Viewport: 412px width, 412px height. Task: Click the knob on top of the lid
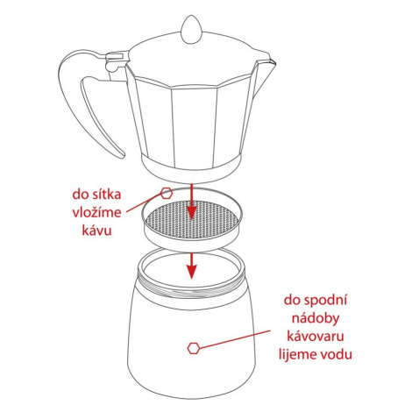point(191,31)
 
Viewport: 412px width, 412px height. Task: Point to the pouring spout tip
point(273,61)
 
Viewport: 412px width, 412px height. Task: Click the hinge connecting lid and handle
point(117,60)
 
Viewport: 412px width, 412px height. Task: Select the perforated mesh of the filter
point(192,219)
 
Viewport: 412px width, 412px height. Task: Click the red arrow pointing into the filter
point(191,202)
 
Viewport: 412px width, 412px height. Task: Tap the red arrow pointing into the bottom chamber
point(191,266)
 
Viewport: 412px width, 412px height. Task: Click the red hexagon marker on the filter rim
point(167,194)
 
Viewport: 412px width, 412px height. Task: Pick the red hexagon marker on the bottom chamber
point(194,348)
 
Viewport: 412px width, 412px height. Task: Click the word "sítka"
point(107,195)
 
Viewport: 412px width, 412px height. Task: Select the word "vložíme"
point(96,212)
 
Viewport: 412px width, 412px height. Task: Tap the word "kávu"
point(96,231)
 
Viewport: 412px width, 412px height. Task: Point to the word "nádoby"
point(316,318)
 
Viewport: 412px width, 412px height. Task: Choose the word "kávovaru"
point(316,337)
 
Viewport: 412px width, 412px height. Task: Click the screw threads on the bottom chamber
point(191,288)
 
